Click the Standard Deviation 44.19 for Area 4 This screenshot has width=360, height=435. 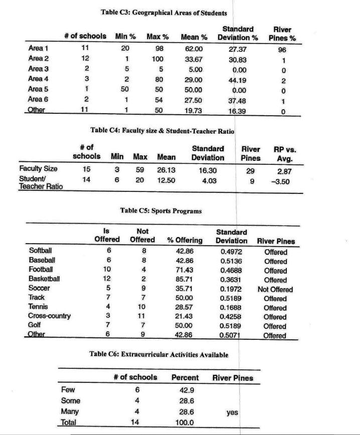coord(238,79)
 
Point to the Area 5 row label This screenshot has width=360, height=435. coord(39,89)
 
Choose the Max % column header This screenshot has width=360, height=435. coord(157,37)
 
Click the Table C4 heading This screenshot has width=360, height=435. coord(162,130)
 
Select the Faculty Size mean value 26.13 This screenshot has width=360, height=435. coord(166,170)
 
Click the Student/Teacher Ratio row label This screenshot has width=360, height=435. coord(40,183)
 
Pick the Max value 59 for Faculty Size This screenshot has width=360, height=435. coord(140,170)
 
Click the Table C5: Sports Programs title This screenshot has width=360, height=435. coord(161,211)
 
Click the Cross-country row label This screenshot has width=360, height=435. coord(50,317)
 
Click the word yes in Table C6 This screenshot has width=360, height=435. coord(232,412)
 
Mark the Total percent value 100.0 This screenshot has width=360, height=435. coord(185,423)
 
